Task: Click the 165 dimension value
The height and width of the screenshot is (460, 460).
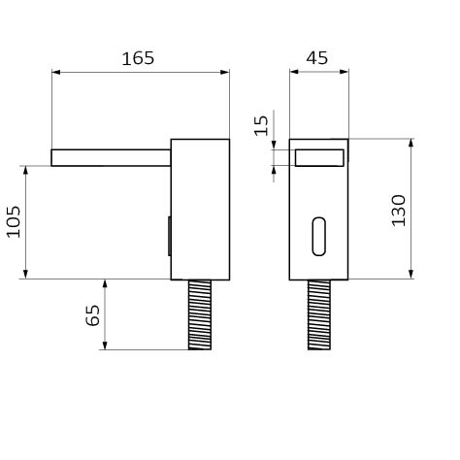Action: coord(138,58)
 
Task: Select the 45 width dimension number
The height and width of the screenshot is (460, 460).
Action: coord(317,58)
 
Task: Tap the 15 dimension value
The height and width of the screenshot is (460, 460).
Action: coord(261,125)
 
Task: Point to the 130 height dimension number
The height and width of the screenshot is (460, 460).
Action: coord(398,211)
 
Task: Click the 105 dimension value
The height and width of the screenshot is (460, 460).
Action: coord(14,221)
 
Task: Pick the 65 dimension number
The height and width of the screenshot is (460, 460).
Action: coord(92,315)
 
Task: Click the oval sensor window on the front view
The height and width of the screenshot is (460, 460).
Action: coord(319,237)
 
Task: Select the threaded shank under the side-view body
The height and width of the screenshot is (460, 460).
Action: coord(200,314)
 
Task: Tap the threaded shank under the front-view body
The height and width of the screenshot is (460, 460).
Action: coord(319,314)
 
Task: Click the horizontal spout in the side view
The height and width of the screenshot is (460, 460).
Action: coord(111,158)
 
